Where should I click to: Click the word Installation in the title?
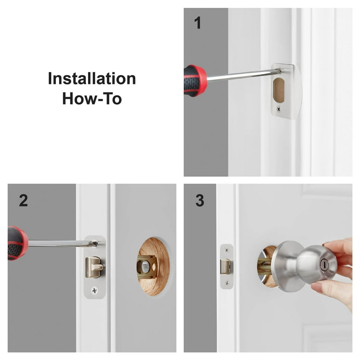(92, 79)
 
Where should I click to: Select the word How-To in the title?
(92, 98)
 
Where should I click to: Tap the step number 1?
(198, 22)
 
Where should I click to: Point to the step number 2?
(23, 201)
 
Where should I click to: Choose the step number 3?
(200, 201)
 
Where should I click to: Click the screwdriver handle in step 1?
(195, 80)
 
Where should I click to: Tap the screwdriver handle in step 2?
(17, 243)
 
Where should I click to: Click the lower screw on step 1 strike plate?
(278, 109)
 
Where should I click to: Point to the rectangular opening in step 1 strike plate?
(278, 90)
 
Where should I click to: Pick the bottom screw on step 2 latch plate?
(94, 291)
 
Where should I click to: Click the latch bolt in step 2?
(94, 267)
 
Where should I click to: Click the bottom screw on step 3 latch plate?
(226, 282)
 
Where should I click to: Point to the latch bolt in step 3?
(226, 267)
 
